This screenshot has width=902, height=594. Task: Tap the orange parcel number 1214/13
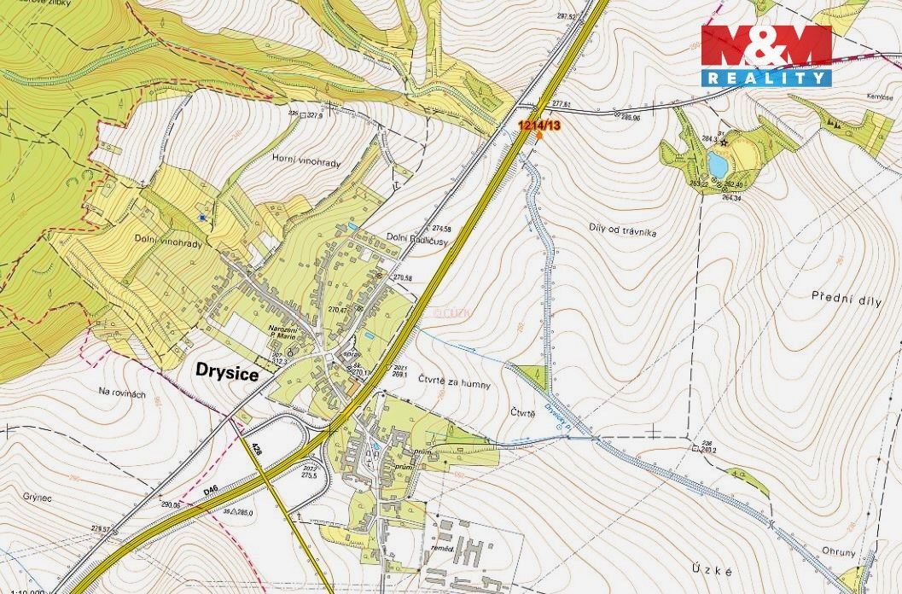coord(539,125)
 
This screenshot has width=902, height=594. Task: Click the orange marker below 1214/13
coord(538,135)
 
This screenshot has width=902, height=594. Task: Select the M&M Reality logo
coord(766,55)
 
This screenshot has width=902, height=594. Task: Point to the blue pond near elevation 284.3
coord(718,163)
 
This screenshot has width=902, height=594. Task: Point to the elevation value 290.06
coord(171,504)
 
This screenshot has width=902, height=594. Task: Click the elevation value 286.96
coord(631,117)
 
